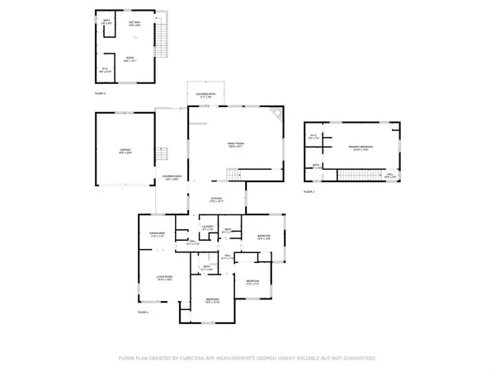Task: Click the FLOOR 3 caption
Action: coord(100,93)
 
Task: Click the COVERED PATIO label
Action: coord(206,95)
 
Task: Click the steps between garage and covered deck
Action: coord(163,153)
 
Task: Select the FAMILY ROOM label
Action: coord(238,145)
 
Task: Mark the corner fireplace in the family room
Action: coord(278,113)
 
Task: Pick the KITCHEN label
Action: coord(216,199)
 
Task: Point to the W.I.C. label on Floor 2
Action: coord(314,136)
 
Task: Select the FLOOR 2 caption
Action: coord(309,191)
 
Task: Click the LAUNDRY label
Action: coord(208,227)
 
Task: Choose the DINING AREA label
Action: coord(157,235)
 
